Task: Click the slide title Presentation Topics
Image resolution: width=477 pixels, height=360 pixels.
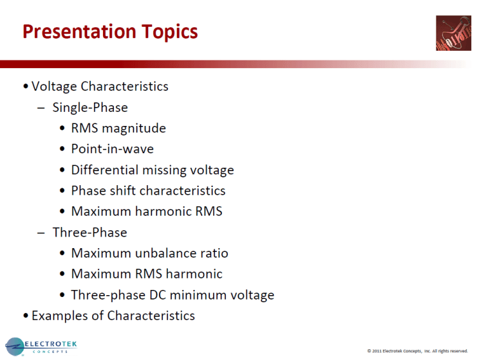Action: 110,32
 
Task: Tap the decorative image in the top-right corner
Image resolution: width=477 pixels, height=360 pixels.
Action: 453,33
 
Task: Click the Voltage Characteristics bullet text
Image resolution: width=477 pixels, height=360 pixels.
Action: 100,87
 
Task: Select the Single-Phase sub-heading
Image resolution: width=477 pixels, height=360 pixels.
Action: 90,107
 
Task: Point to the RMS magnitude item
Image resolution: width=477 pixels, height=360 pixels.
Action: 118,128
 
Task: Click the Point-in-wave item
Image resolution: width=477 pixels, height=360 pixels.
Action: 112,149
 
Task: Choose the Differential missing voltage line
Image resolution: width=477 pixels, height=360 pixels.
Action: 153,170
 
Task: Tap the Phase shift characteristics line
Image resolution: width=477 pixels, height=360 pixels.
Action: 148,191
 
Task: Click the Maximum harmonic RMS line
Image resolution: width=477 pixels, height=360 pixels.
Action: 147,211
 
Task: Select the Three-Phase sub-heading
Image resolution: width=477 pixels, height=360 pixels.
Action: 90,232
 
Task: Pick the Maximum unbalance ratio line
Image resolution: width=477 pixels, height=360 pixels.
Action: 149,253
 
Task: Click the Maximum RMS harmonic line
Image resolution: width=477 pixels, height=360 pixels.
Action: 147,274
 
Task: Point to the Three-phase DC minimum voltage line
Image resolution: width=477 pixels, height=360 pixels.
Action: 172,295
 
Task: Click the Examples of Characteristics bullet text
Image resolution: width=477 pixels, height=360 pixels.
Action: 113,315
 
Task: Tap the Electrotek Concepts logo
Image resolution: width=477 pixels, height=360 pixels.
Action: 41,347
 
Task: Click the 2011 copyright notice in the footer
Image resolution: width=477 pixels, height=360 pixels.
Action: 417,351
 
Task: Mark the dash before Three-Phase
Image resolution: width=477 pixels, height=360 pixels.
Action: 41,232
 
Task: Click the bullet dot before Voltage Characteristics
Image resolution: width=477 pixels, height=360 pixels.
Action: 25,87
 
